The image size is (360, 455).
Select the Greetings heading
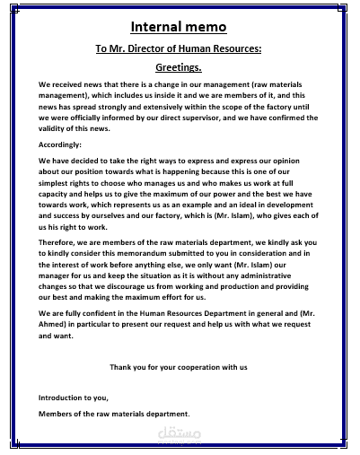pos(179,67)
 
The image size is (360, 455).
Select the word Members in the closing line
pos(58,414)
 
